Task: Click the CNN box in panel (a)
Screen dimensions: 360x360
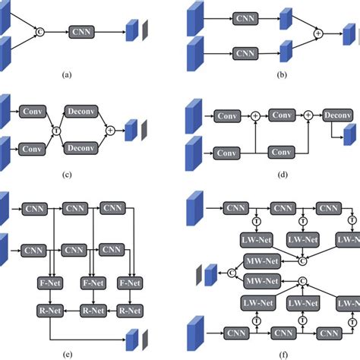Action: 81,31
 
